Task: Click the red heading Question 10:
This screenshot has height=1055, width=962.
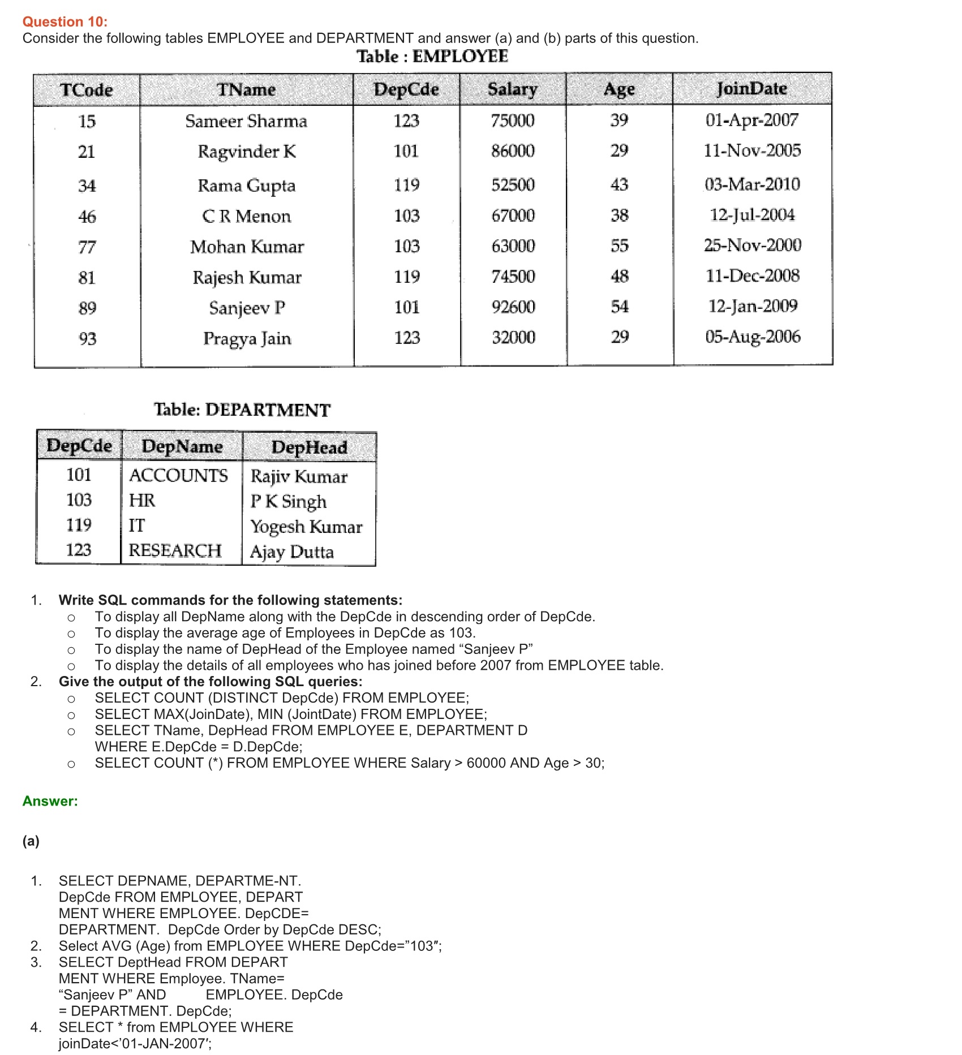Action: [x=65, y=22]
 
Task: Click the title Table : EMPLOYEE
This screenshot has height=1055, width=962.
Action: [x=432, y=57]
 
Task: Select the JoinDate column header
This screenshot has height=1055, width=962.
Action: [x=751, y=89]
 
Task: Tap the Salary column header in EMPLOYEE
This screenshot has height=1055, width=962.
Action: [x=513, y=89]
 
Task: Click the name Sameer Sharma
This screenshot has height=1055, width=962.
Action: [x=246, y=121]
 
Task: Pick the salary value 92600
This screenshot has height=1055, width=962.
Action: [x=513, y=307]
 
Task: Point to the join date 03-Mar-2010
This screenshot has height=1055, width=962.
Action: [x=752, y=184]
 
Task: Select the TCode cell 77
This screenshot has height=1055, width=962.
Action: [x=87, y=247]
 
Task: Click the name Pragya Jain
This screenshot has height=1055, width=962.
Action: [x=247, y=338]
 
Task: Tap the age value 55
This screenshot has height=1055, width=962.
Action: [x=620, y=246]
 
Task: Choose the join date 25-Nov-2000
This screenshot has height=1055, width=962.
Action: [x=753, y=246]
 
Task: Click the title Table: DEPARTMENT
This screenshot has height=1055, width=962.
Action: [x=242, y=410]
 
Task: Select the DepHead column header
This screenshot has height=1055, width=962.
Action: [x=309, y=447]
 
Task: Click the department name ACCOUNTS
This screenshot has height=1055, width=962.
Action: [x=178, y=476]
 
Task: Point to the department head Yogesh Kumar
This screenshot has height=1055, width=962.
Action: [x=306, y=527]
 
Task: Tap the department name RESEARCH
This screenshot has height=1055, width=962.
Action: [x=175, y=550]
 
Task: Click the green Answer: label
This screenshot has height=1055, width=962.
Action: [x=50, y=801]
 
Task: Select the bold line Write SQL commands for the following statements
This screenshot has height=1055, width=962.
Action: [x=230, y=600]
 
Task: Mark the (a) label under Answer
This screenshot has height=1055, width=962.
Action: [x=31, y=841]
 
